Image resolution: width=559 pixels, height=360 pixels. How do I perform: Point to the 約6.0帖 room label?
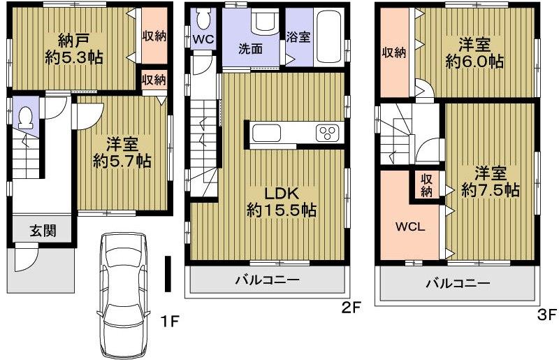coord(474,53)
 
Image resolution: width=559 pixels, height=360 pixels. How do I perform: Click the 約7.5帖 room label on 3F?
coord(492,180)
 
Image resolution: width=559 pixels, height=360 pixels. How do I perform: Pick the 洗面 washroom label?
coord(249,49)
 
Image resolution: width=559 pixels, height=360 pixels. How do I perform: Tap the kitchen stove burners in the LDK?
coord(327,132)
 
